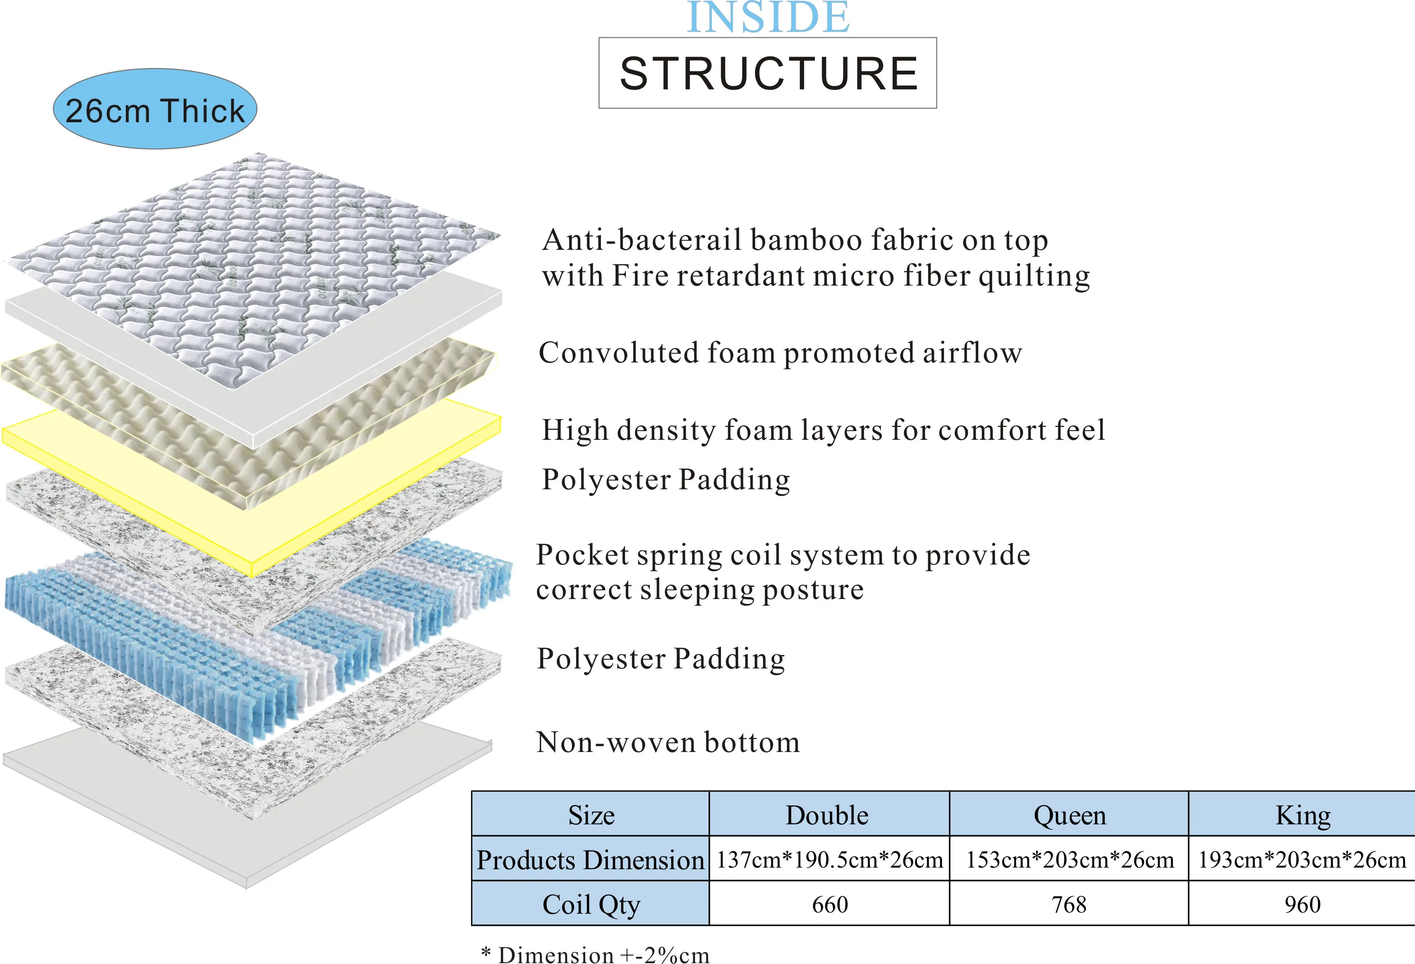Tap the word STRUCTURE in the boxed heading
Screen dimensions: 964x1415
(768, 74)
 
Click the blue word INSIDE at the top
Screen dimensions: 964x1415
(768, 18)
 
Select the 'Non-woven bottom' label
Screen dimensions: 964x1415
(668, 742)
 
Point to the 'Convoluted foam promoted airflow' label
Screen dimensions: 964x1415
(780, 353)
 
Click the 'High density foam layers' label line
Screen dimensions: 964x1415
(823, 430)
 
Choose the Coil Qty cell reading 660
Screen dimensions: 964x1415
(829, 904)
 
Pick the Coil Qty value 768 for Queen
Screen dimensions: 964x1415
(1069, 904)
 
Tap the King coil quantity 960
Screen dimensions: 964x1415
(1302, 904)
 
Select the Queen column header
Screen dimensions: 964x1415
(1069, 815)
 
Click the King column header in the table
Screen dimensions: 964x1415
(1302, 815)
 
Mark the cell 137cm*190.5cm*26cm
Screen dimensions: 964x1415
(829, 860)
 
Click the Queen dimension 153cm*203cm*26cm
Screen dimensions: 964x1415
(1069, 860)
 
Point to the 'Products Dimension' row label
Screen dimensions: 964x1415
(590, 860)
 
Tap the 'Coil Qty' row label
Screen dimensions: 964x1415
(591, 904)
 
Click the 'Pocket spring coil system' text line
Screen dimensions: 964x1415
(783, 555)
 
